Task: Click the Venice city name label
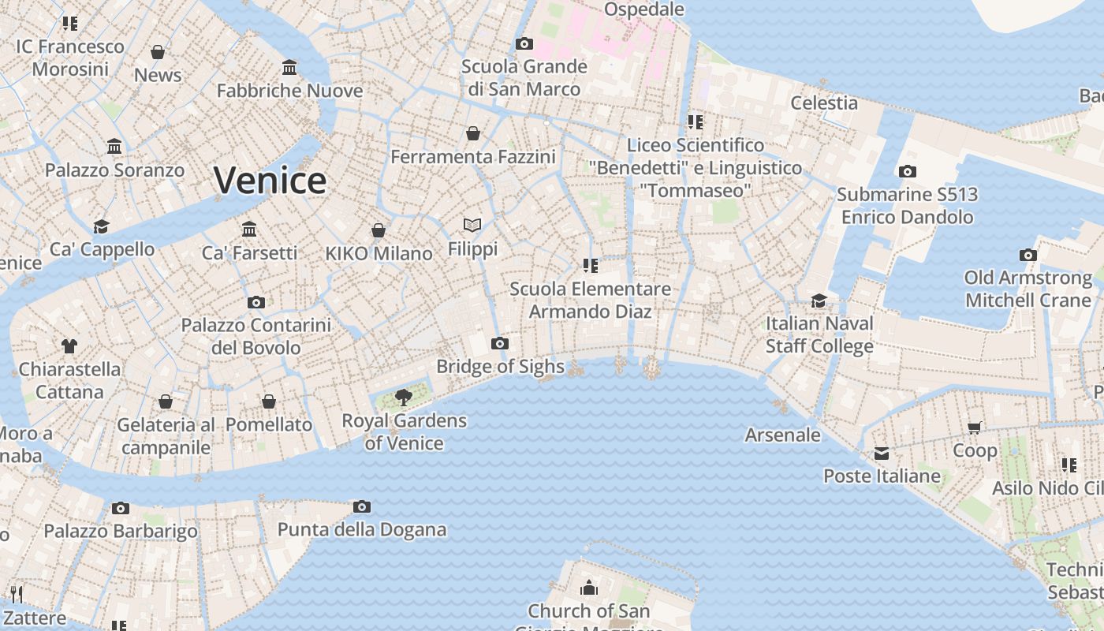tap(270, 181)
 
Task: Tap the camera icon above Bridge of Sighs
tap(499, 343)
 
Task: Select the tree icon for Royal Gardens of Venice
tap(404, 397)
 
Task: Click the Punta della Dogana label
tap(362, 529)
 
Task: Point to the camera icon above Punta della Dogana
tap(362, 506)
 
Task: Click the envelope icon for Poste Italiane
tap(882, 454)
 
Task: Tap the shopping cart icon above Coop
tap(975, 428)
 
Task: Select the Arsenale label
tap(782, 435)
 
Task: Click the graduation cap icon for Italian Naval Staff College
tap(819, 301)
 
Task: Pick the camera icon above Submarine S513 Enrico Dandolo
tap(907, 171)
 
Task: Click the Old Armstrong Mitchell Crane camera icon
tap(1028, 255)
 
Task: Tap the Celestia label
tap(824, 103)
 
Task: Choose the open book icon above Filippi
tap(472, 226)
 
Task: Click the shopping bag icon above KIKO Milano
tap(379, 230)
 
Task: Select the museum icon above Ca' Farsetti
tap(250, 229)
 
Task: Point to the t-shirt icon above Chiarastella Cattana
tap(69, 345)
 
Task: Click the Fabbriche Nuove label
tap(289, 91)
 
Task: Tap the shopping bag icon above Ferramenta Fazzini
tap(473, 133)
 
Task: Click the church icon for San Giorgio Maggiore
tap(589, 588)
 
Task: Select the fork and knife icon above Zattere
tap(15, 594)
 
